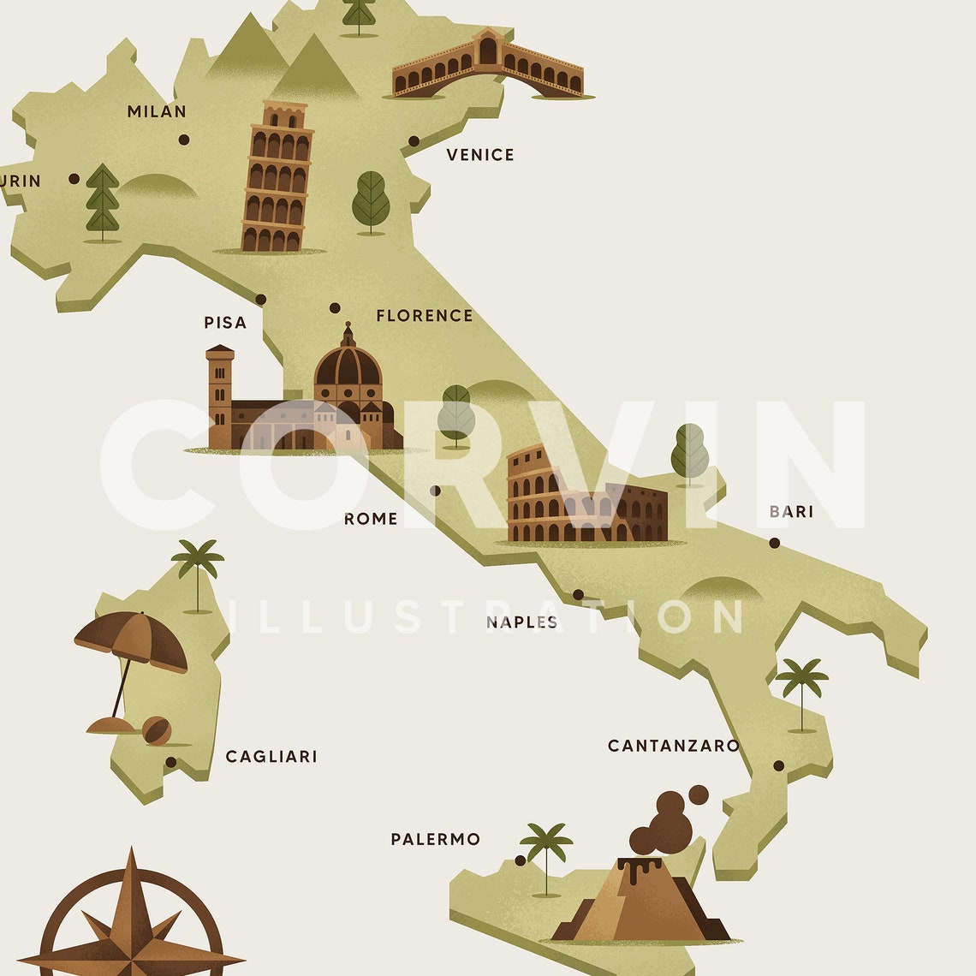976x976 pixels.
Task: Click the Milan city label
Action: coord(157,111)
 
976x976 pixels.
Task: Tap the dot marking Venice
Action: coord(414,141)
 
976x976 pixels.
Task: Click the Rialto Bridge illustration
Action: coord(488,67)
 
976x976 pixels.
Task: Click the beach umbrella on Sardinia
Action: coord(131,642)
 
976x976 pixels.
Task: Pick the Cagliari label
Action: coord(271,757)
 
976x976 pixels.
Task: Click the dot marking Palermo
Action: coord(520,860)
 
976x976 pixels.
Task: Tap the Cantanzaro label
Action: coord(673,746)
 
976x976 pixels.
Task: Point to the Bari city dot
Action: coord(774,543)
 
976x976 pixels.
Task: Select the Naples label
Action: coord(521,622)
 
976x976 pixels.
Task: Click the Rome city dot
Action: coord(435,491)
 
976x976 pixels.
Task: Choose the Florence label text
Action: coord(425,316)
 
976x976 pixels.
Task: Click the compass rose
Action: coord(131,925)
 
